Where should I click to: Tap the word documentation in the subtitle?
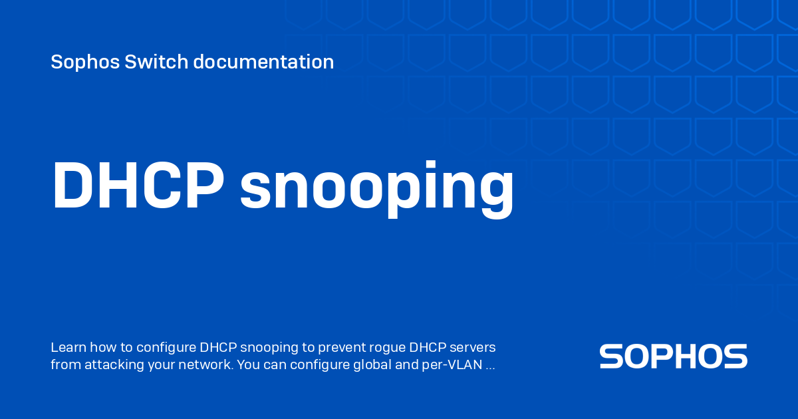click(x=263, y=62)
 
